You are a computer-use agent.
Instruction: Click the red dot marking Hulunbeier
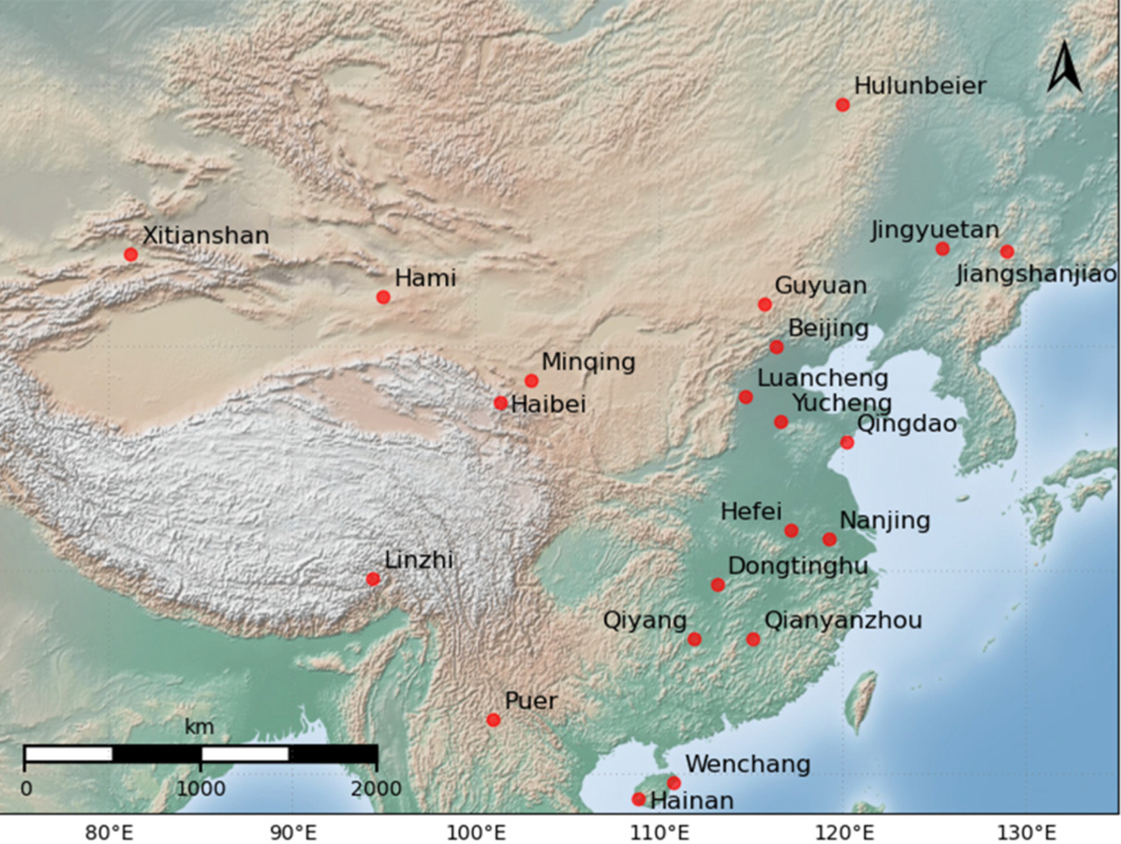(x=842, y=105)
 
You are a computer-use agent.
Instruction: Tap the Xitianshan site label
(x=205, y=235)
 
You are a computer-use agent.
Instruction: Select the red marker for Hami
(x=383, y=297)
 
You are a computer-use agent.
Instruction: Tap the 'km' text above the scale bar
(x=200, y=728)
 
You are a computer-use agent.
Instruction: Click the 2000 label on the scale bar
(x=377, y=789)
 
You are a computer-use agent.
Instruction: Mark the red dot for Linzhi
(x=373, y=579)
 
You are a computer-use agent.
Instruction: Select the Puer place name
(x=531, y=701)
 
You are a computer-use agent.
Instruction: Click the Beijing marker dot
(x=776, y=347)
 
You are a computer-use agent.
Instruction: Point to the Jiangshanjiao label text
(x=1036, y=276)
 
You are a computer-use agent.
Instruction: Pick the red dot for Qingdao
(x=847, y=442)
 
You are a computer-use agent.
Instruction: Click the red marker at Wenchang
(x=674, y=783)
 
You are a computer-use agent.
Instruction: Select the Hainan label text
(x=691, y=801)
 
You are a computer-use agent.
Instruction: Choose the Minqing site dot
(x=532, y=381)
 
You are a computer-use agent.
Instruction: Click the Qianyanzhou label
(x=842, y=621)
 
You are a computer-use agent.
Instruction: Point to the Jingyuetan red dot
(x=942, y=249)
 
